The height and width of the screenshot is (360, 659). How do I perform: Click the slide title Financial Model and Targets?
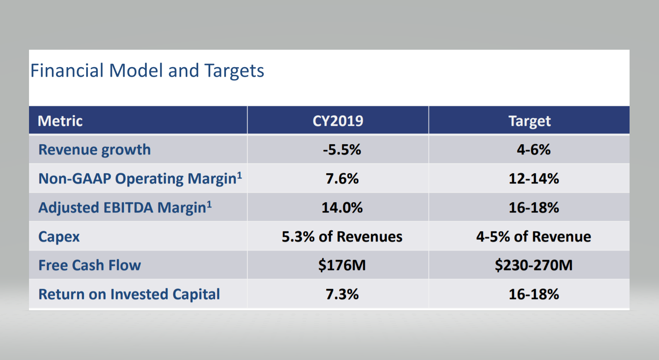tap(147, 71)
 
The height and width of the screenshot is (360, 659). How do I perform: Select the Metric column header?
tap(60, 121)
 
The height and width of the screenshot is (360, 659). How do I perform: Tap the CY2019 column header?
tap(338, 121)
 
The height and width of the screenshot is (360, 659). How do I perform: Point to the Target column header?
tap(529, 121)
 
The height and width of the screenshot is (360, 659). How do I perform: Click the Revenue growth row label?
tap(94, 150)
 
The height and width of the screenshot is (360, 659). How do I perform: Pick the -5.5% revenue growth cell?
tap(342, 150)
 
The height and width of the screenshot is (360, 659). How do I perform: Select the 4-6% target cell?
tap(533, 150)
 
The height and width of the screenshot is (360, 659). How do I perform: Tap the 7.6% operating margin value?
tap(342, 179)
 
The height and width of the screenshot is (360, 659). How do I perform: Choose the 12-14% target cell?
tap(533, 179)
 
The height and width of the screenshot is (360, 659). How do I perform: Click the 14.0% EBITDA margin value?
tap(342, 208)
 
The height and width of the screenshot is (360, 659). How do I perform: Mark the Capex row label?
tap(59, 237)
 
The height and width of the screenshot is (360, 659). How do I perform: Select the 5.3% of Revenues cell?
tap(342, 237)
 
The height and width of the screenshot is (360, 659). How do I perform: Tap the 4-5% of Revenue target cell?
tap(533, 237)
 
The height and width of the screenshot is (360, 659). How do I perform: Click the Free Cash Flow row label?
tap(90, 265)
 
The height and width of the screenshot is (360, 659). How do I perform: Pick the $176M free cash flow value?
tap(342, 265)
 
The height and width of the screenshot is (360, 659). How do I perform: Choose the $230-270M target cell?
tap(533, 265)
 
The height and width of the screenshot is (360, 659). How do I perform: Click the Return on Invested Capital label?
tap(129, 294)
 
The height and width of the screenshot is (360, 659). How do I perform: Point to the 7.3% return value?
tap(342, 294)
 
